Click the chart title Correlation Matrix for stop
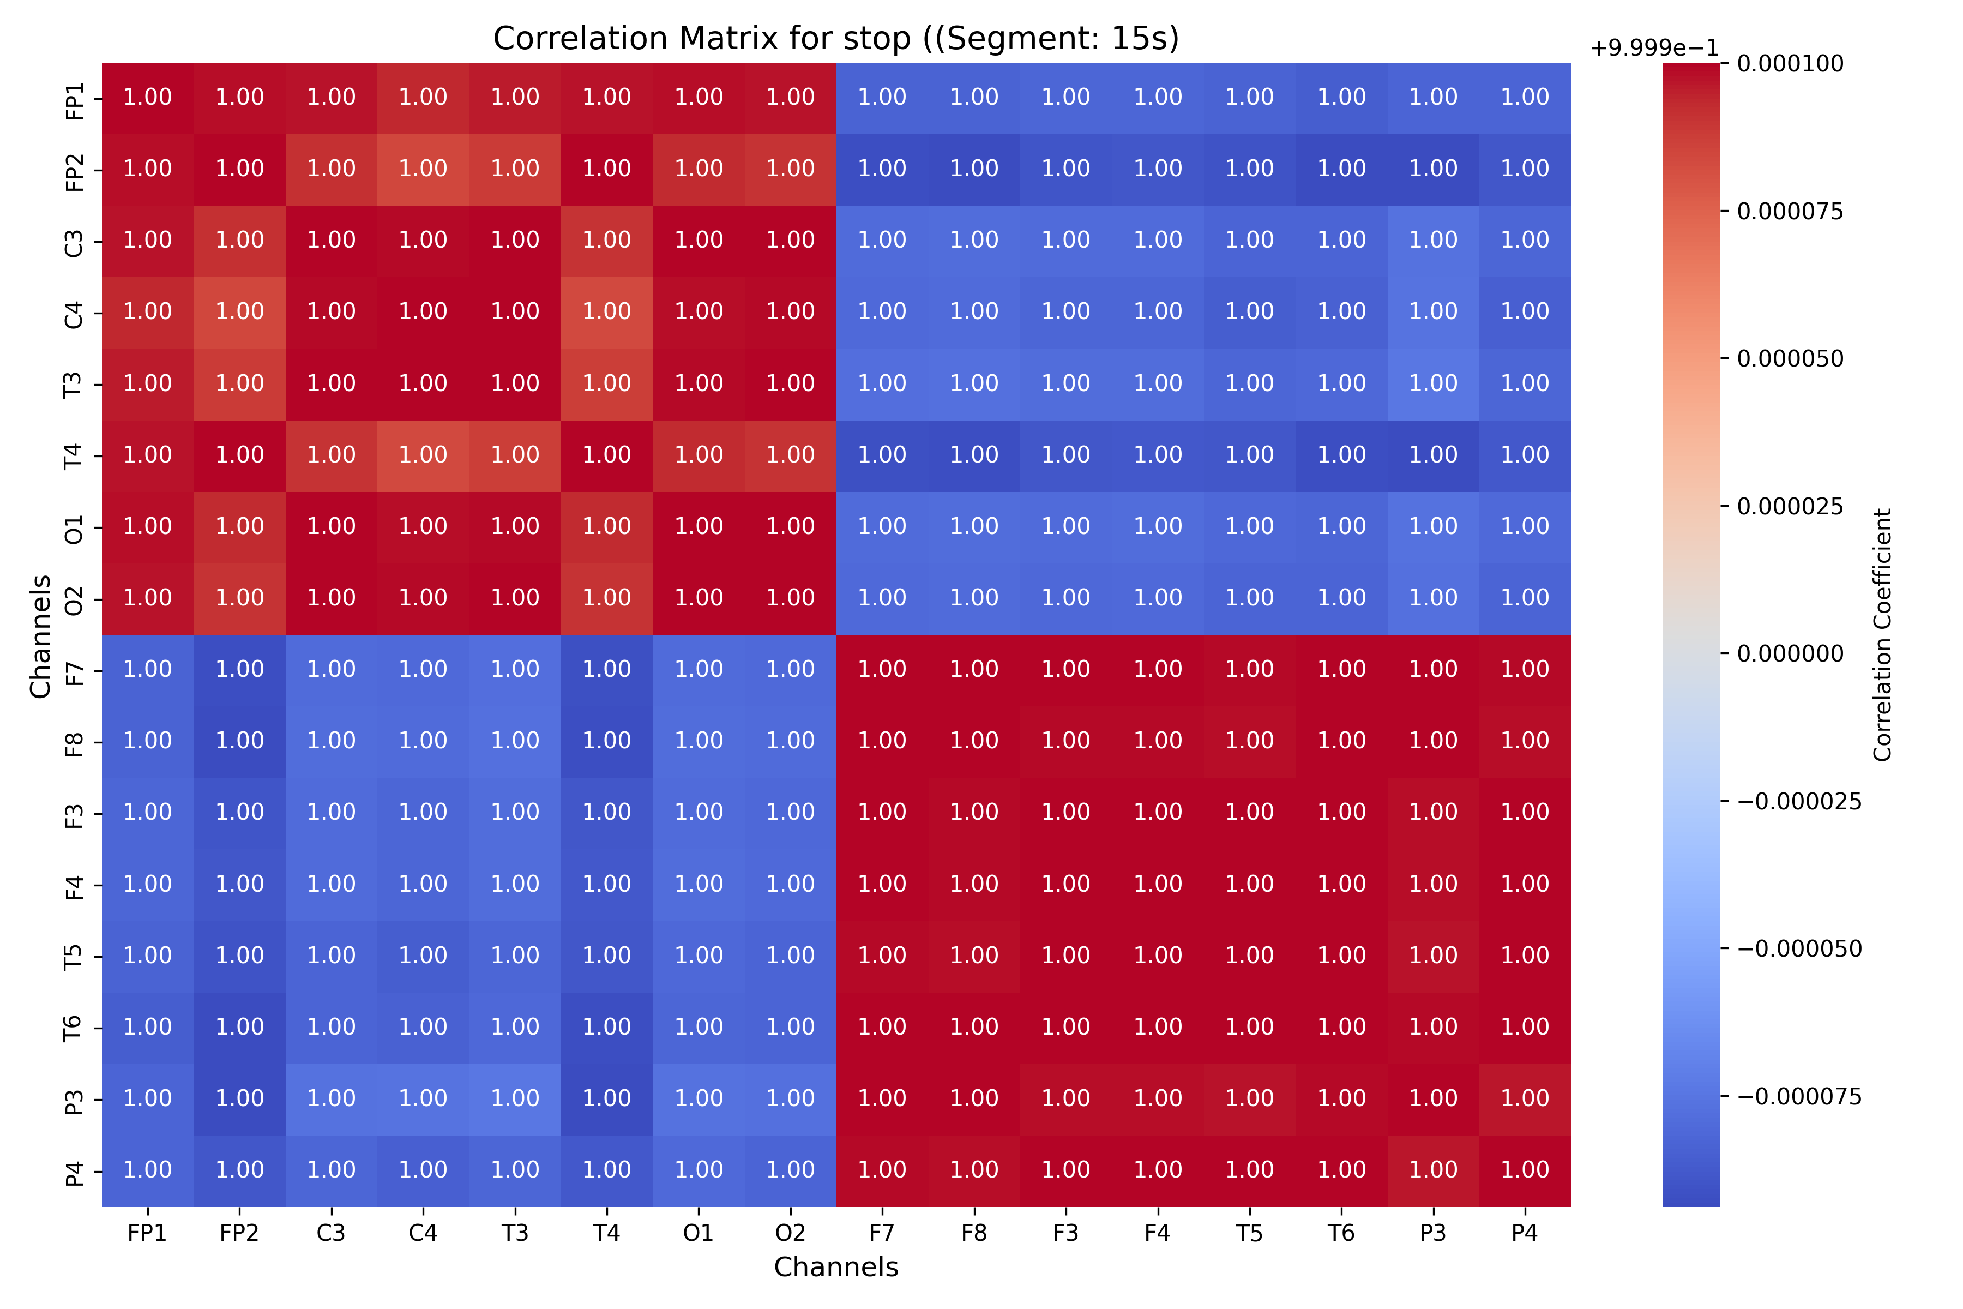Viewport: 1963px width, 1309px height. coord(835,38)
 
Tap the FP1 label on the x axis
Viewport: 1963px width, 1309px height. coord(148,1233)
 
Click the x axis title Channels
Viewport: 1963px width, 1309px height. coord(835,1267)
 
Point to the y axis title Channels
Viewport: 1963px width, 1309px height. coord(40,635)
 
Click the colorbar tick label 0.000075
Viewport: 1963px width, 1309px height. coord(1790,211)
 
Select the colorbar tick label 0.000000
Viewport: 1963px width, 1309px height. coord(1790,653)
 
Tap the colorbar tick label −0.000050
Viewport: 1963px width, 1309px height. coord(1798,949)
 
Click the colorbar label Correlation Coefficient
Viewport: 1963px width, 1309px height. coord(1882,634)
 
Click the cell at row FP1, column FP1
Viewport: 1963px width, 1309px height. coord(148,97)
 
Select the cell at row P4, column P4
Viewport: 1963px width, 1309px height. coord(1525,1169)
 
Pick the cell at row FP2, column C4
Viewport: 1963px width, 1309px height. coord(423,169)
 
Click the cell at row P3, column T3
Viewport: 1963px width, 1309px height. coord(515,1098)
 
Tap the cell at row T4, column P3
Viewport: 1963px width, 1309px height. coord(1433,455)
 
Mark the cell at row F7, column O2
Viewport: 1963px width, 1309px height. coord(790,670)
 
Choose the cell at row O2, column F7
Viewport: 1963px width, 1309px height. coord(882,598)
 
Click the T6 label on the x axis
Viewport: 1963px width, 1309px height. coord(1341,1233)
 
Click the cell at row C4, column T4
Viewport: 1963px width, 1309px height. coord(607,311)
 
